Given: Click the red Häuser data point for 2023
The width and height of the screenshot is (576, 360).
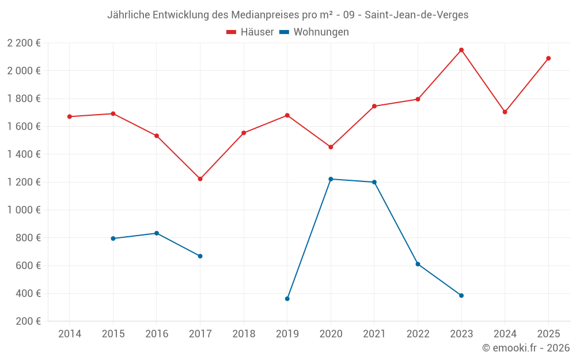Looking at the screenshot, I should click(461, 50).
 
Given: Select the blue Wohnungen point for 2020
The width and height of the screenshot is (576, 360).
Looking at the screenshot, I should click(331, 179).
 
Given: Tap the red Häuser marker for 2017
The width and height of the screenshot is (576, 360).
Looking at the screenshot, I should click(200, 179).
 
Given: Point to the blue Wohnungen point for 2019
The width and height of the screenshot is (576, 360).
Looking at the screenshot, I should click(287, 298).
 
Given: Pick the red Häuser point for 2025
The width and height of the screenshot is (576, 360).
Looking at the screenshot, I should click(548, 58).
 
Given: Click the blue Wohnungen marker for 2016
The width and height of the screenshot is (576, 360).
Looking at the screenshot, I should click(157, 233).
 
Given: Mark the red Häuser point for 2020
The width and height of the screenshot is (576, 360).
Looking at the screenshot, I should click(331, 147).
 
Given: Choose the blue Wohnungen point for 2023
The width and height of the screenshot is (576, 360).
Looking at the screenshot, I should click(461, 295).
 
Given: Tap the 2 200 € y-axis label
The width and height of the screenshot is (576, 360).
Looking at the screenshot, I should click(24, 43).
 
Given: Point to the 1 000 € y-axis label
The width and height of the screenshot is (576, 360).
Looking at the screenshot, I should click(24, 210).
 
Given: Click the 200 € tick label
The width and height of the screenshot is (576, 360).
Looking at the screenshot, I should click(28, 321).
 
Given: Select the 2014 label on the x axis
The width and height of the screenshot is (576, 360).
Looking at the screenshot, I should click(70, 334).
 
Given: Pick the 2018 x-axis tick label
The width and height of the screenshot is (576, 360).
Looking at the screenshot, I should click(244, 334).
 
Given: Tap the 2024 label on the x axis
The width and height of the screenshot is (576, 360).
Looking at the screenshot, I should click(505, 334).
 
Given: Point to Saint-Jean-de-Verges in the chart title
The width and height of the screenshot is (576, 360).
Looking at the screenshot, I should click(416, 15).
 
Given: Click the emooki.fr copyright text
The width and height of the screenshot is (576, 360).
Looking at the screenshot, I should click(526, 348).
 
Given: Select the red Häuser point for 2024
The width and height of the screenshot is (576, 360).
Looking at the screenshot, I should click(505, 112).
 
